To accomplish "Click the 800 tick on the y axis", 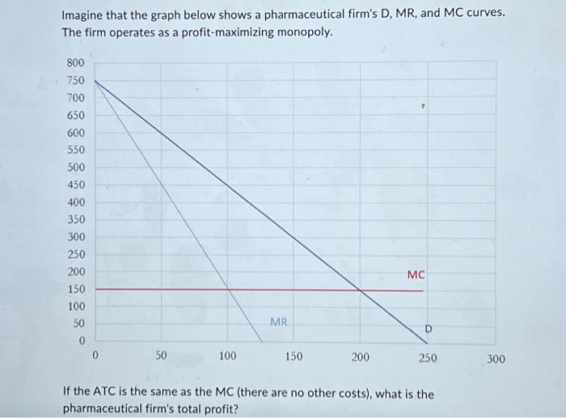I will (74, 62).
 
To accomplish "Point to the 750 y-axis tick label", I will (74, 80).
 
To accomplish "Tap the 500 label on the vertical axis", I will (74, 167).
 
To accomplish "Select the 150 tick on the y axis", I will (74, 289).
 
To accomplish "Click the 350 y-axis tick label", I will (74, 219).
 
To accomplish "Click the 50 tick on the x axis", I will (161, 356).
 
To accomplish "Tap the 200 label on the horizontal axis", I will (361, 356).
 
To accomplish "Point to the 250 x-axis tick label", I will (428, 356).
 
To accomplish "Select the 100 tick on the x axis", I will (227, 356).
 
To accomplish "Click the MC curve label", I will (416, 275).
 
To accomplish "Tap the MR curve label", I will (278, 322).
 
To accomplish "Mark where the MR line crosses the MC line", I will (228, 289).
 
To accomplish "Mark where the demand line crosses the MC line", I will (361, 289).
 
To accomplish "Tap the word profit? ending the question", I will (220, 409).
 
